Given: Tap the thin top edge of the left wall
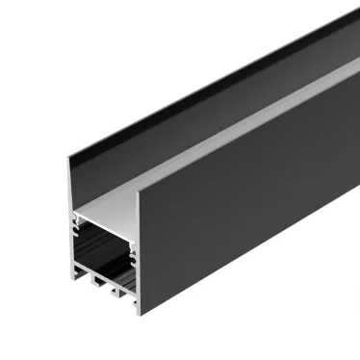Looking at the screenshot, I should pos(193,91).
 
